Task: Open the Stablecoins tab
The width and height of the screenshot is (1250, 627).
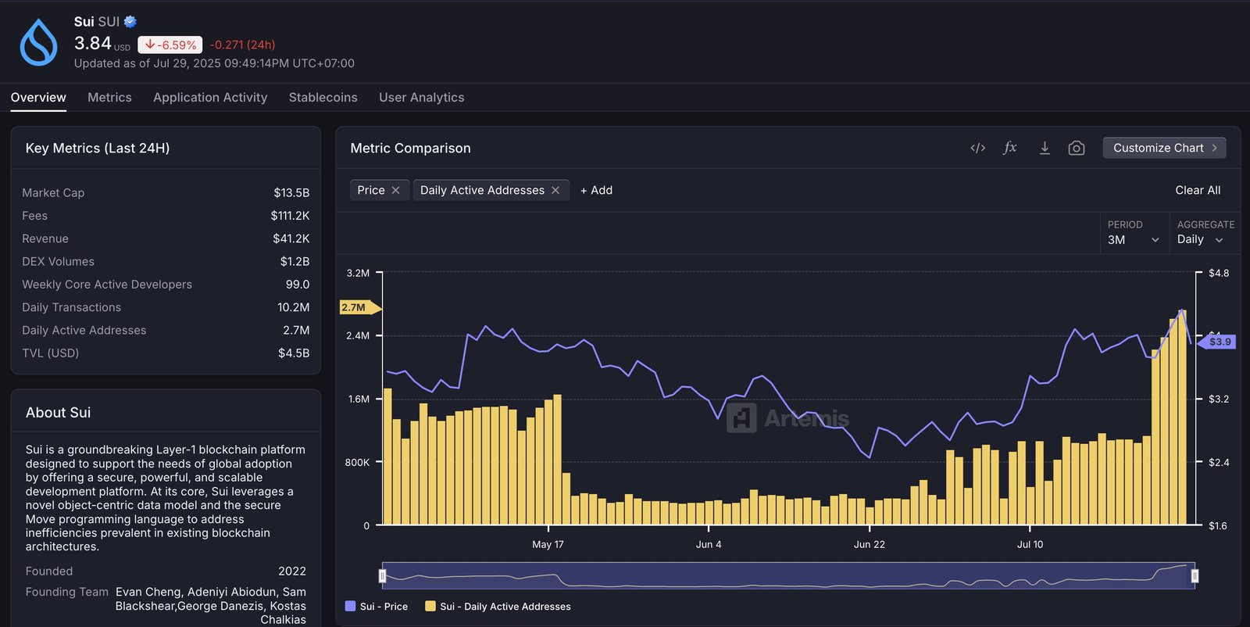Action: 323,97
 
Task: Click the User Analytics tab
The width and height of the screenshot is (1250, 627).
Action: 421,97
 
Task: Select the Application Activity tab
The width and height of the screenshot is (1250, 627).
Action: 210,97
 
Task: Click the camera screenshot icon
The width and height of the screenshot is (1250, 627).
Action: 1076,148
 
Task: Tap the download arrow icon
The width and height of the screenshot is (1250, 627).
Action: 1045,148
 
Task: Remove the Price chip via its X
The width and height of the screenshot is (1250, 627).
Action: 396,190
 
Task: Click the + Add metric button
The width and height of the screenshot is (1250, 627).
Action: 596,190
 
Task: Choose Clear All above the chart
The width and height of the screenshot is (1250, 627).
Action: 1197,190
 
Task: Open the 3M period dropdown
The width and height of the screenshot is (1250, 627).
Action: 1133,239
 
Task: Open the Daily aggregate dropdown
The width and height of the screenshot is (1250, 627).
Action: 1199,239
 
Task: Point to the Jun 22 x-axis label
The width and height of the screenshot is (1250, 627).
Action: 869,544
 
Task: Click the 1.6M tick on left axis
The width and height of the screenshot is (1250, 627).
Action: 359,399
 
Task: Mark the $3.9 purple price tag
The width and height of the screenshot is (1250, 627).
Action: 1218,342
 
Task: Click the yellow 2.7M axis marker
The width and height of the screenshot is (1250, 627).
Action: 355,307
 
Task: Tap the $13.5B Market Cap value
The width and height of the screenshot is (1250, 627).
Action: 291,192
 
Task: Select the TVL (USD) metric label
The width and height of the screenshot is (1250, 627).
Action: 51,353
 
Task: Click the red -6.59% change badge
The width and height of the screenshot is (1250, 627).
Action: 170,45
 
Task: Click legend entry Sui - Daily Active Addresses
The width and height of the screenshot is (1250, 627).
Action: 505,606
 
